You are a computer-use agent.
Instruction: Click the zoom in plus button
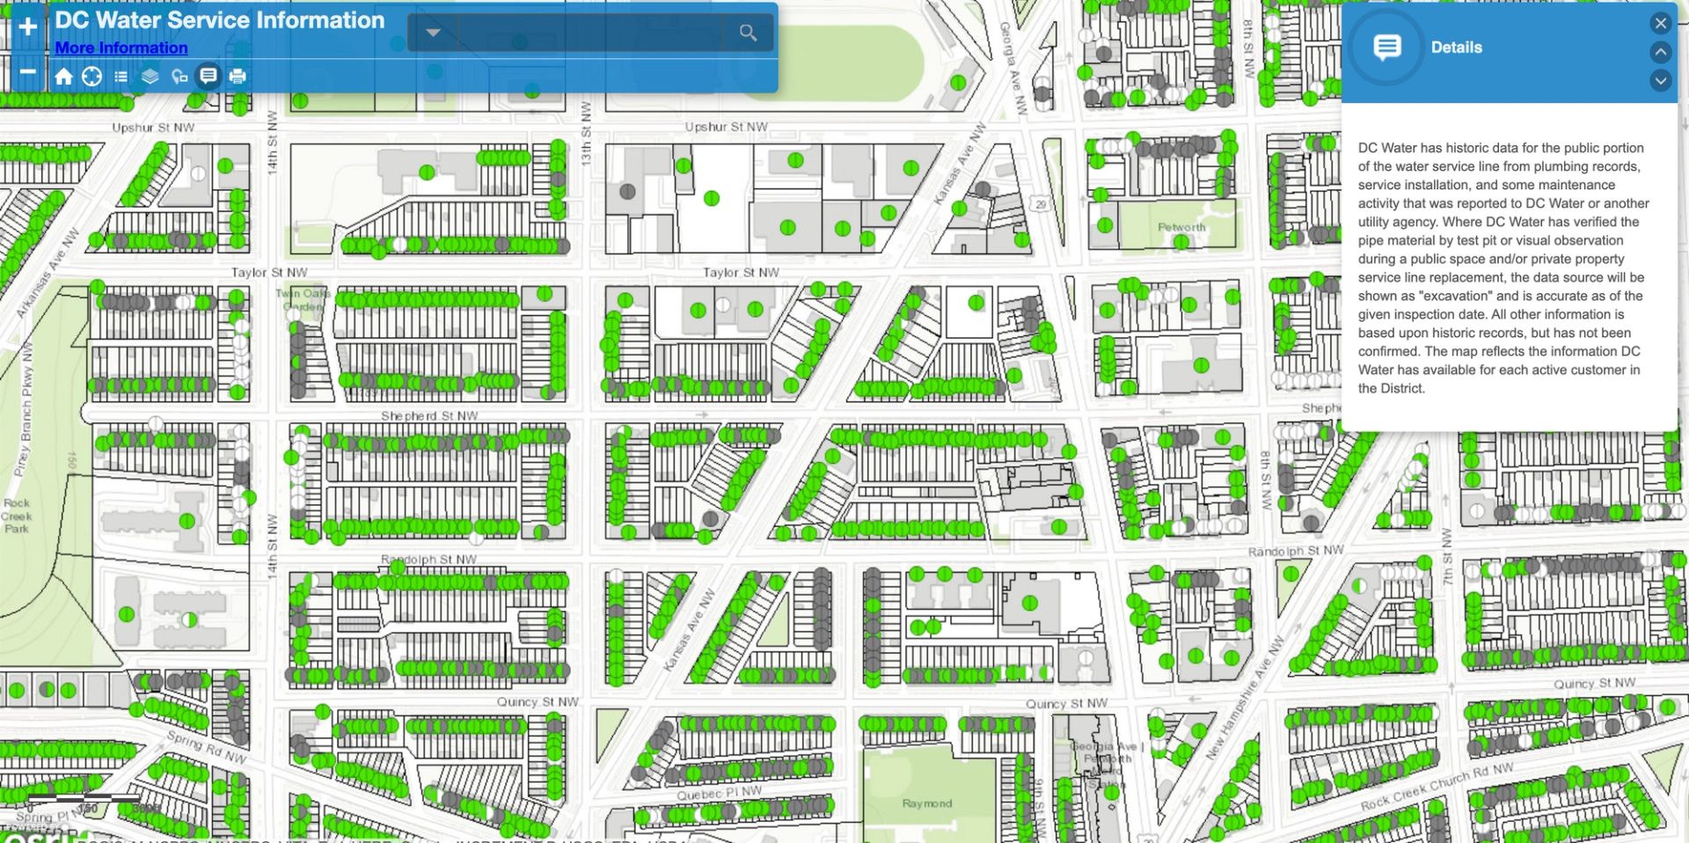(27, 26)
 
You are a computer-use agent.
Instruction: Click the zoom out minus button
(27, 72)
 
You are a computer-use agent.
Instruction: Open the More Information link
(121, 48)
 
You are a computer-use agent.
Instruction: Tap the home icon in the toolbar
(63, 77)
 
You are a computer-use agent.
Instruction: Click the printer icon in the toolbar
(238, 77)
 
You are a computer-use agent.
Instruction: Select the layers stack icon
(150, 77)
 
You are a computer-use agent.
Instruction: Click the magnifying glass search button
(748, 33)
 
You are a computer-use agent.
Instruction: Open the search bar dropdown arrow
(433, 33)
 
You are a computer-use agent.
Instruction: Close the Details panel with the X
(1660, 24)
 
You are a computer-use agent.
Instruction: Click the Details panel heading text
(1456, 48)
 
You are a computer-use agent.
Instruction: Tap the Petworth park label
(1181, 227)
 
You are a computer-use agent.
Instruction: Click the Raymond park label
(926, 803)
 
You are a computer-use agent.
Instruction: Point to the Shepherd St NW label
(429, 415)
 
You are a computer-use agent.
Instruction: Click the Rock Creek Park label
(17, 516)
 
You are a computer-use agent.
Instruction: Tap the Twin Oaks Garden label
(303, 299)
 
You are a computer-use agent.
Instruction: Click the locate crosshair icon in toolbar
(91, 77)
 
